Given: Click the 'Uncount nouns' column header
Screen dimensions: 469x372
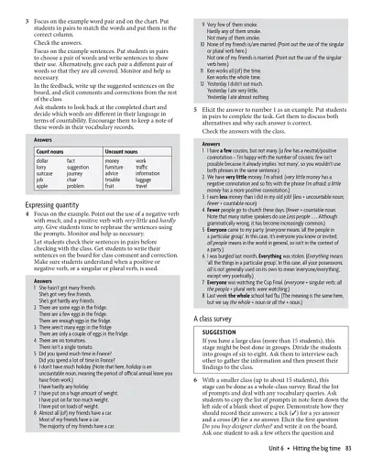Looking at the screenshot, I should point(120,148).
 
